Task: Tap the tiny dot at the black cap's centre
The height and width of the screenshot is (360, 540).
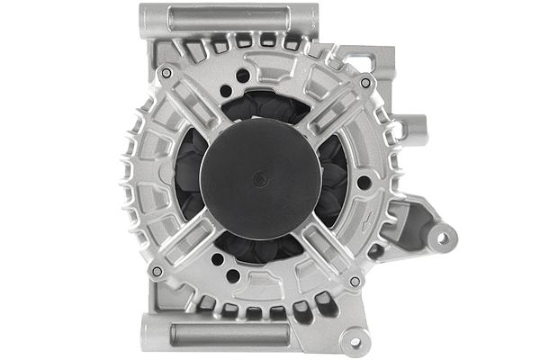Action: click(261, 179)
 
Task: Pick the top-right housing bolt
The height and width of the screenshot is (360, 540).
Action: click(365, 83)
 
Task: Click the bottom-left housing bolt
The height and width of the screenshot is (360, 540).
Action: click(157, 271)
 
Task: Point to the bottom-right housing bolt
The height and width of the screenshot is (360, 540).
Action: click(355, 281)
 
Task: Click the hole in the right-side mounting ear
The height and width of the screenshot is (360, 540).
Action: click(442, 238)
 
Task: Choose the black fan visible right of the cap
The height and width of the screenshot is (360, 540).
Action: click(335, 180)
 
